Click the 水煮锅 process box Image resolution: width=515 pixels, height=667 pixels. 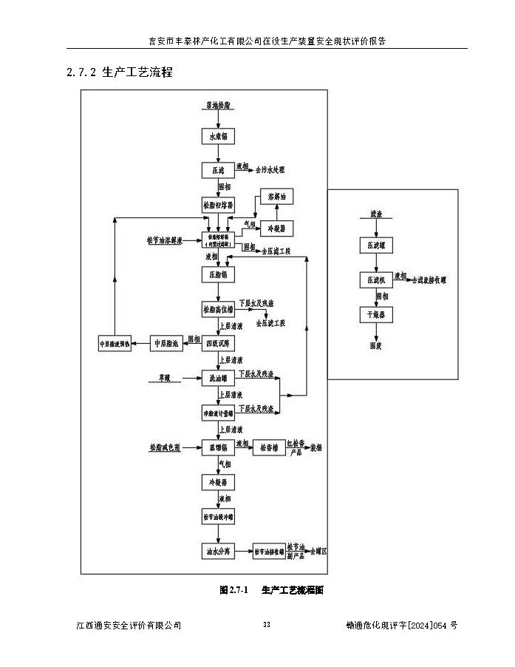217,137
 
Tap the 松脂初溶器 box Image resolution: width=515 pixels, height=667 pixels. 217,204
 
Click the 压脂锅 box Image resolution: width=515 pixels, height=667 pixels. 217,274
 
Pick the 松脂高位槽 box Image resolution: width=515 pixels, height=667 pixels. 217,309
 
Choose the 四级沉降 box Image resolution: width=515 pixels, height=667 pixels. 217,343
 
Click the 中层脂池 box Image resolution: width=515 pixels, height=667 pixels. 166,343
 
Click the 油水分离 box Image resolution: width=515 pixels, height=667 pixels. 217,551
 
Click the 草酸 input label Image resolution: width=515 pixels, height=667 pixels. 163,377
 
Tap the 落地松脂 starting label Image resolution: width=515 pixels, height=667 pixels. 217,106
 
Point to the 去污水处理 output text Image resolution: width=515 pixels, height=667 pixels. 270,170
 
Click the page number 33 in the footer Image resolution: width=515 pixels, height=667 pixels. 267,626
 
